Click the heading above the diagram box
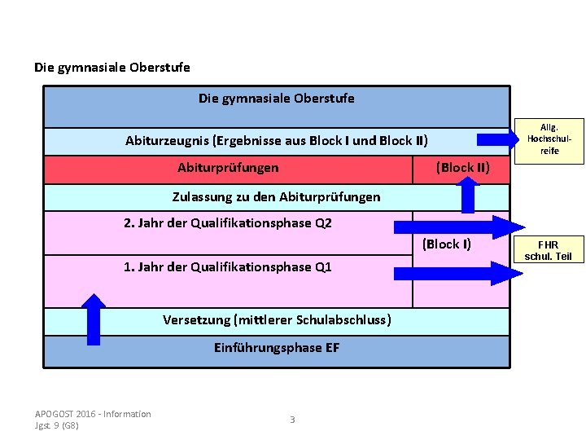point(112,67)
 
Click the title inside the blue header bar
point(277,99)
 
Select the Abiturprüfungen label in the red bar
point(228,168)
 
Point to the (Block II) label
point(462,168)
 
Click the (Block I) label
point(447,244)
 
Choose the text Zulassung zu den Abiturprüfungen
point(276,197)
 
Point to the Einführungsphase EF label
point(277,348)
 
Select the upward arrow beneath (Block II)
point(468,195)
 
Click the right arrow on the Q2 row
point(460,227)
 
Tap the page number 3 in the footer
point(292,420)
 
